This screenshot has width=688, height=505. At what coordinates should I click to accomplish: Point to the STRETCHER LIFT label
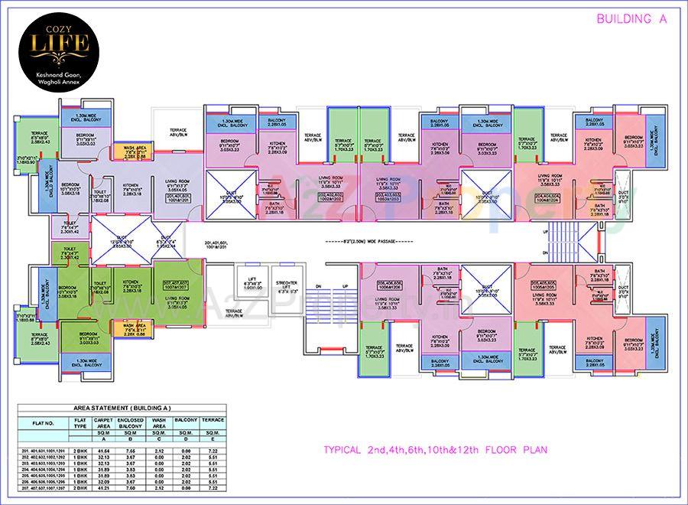pos(288,285)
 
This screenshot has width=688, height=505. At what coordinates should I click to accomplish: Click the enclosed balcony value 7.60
pos(131,487)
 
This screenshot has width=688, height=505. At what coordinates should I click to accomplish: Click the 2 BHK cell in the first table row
pos(80,452)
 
